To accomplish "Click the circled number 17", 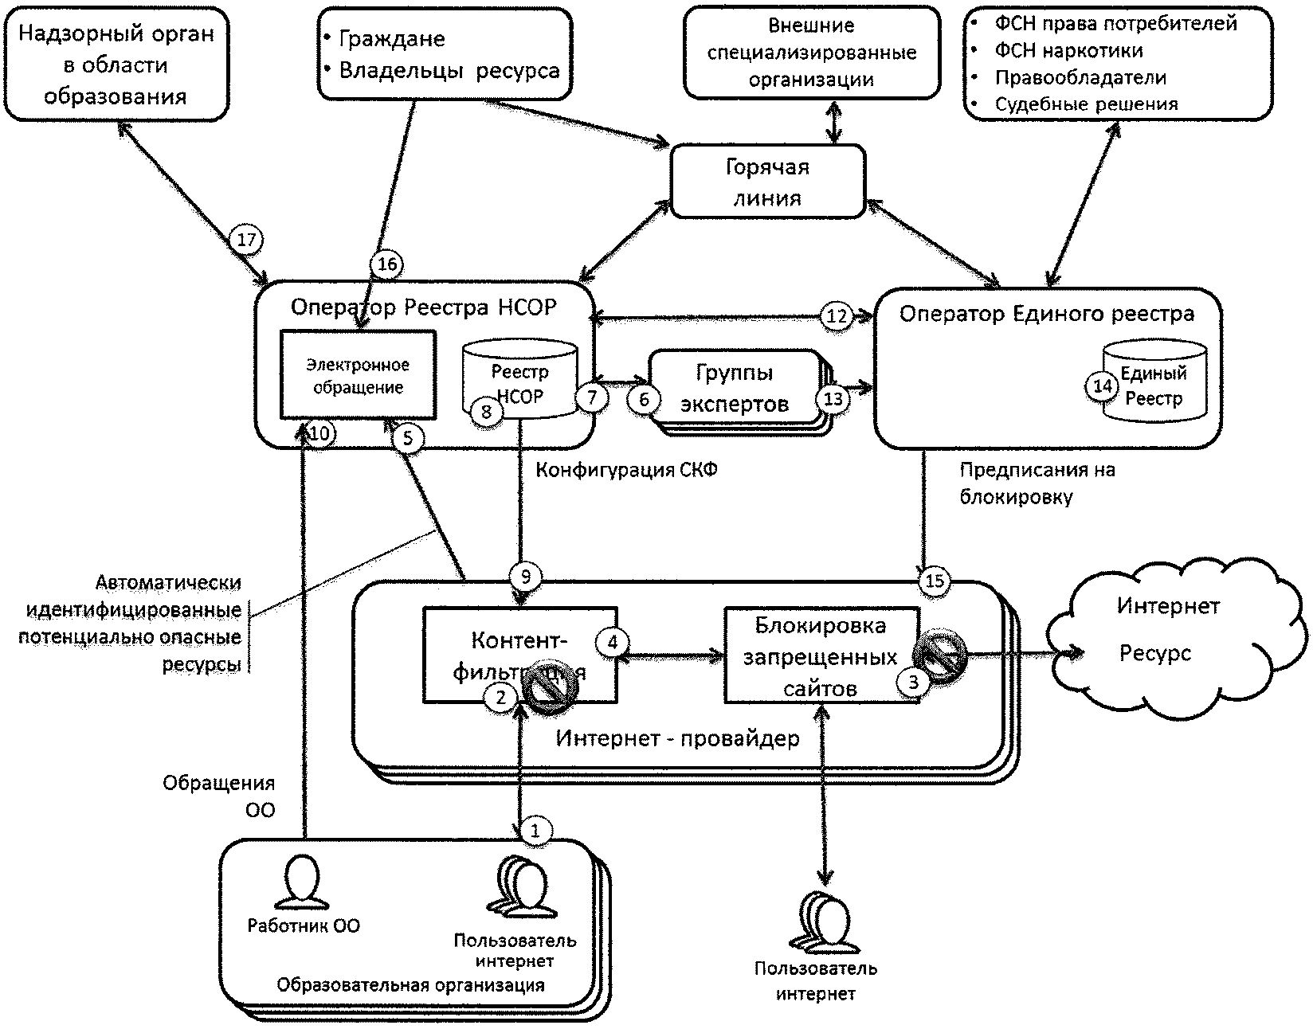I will pyautogui.click(x=246, y=239).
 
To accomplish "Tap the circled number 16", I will pyautogui.click(x=386, y=264).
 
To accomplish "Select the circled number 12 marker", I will pyautogui.click(x=837, y=316).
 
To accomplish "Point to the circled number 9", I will pyautogui.click(x=525, y=576).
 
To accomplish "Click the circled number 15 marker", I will pyautogui.click(x=935, y=581).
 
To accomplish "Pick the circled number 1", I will pyautogui.click(x=535, y=831).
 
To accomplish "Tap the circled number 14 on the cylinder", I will pyautogui.click(x=1103, y=386).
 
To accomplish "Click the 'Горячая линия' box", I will pyautogui.click(x=768, y=182).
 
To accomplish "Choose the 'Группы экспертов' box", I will pyautogui.click(x=734, y=389).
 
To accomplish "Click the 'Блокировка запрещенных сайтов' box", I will pyautogui.click(x=821, y=655).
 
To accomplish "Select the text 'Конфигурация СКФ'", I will pyautogui.click(x=626, y=470).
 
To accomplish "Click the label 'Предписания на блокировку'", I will pyautogui.click(x=1037, y=483).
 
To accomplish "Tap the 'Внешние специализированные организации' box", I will pyautogui.click(x=811, y=53).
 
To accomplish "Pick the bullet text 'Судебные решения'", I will pyautogui.click(x=1086, y=104).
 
